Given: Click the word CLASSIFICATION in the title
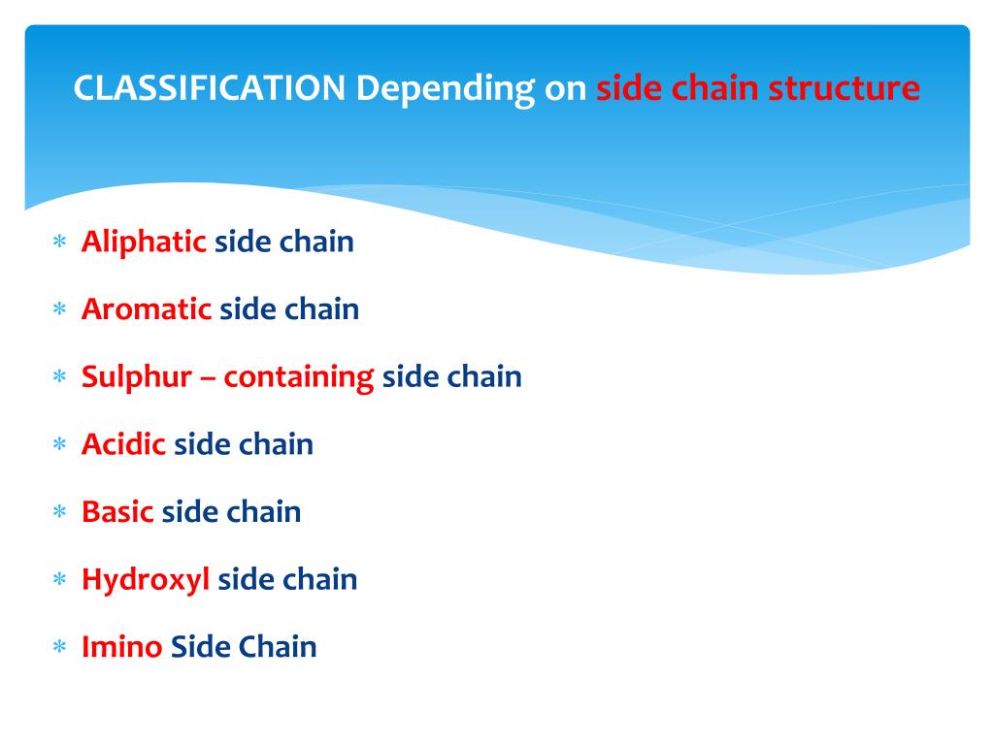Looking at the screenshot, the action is (x=210, y=89).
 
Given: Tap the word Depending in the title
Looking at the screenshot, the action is (x=445, y=89).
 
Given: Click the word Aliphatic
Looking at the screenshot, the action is (x=144, y=242).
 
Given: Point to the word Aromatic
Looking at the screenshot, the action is (x=147, y=309).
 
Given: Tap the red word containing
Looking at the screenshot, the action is (x=299, y=377).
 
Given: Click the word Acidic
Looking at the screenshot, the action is (x=123, y=444).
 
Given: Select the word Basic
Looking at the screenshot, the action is (x=117, y=511).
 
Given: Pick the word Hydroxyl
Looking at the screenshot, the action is (x=146, y=580).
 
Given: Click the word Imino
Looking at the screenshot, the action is (x=121, y=647).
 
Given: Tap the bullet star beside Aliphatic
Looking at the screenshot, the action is (x=59, y=243).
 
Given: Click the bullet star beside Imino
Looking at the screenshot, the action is (x=59, y=648).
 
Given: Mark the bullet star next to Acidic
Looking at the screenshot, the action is (x=59, y=445).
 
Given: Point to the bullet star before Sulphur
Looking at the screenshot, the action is (x=59, y=378).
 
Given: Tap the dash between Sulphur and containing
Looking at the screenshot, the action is (x=208, y=378).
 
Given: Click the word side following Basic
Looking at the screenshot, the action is (x=190, y=511).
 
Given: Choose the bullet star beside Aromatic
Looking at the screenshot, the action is (x=59, y=310).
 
